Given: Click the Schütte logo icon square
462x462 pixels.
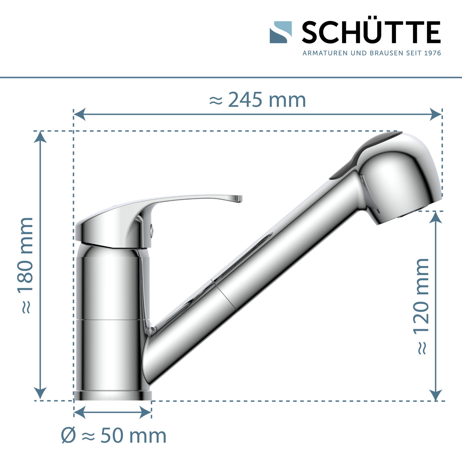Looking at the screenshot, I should pyautogui.click(x=280, y=32).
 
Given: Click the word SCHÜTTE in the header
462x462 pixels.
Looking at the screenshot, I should pyautogui.click(x=371, y=32).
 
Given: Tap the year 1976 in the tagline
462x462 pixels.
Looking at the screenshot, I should pyautogui.click(x=433, y=53).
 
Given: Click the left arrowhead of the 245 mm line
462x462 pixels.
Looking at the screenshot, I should pyautogui.click(x=80, y=114).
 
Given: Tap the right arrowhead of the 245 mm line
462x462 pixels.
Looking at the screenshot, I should pyautogui.click(x=436, y=114).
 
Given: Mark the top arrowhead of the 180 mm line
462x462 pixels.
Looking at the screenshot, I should pyautogui.click(x=40, y=137).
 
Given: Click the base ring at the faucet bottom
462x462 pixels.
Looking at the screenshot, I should pyautogui.click(x=113, y=396).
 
